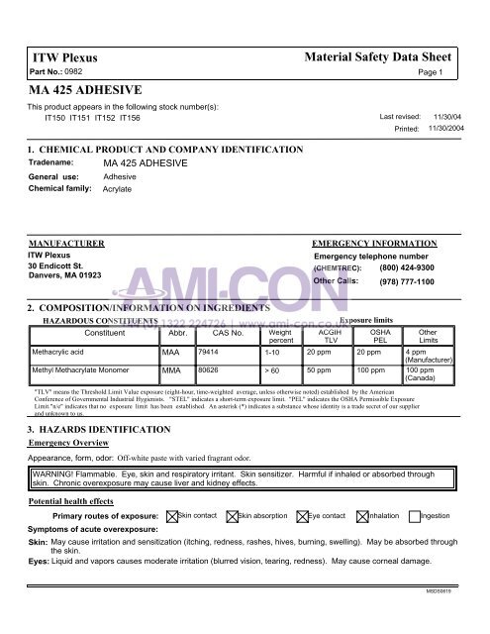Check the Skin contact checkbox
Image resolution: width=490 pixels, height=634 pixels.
pyautogui.click(x=170, y=516)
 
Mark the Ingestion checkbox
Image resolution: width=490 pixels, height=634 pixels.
pyautogui.click(x=413, y=516)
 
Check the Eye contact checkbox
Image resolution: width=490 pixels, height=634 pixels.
pyautogui.click(x=303, y=516)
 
